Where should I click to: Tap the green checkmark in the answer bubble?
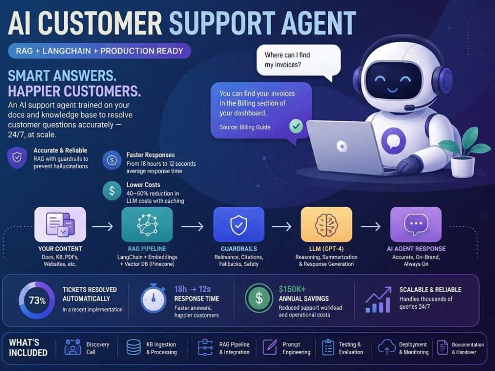click(296, 127)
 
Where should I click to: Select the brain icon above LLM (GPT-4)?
click(326, 224)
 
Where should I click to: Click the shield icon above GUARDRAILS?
click(239, 225)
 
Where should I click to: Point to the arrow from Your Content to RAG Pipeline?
click(102, 226)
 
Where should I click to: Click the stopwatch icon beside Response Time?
click(153, 298)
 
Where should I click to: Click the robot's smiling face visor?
click(394, 81)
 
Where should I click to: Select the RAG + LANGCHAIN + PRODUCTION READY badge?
click(99, 51)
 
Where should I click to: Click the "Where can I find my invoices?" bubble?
click(298, 60)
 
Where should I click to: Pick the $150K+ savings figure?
click(292, 289)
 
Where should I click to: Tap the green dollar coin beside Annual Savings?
click(259, 298)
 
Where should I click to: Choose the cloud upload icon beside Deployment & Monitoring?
click(387, 347)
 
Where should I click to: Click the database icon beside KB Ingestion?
click(134, 347)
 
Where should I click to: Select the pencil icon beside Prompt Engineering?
click(270, 347)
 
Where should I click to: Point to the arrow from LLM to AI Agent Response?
click(371, 226)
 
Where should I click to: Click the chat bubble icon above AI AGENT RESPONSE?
click(416, 224)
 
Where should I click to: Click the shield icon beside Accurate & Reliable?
click(17, 157)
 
